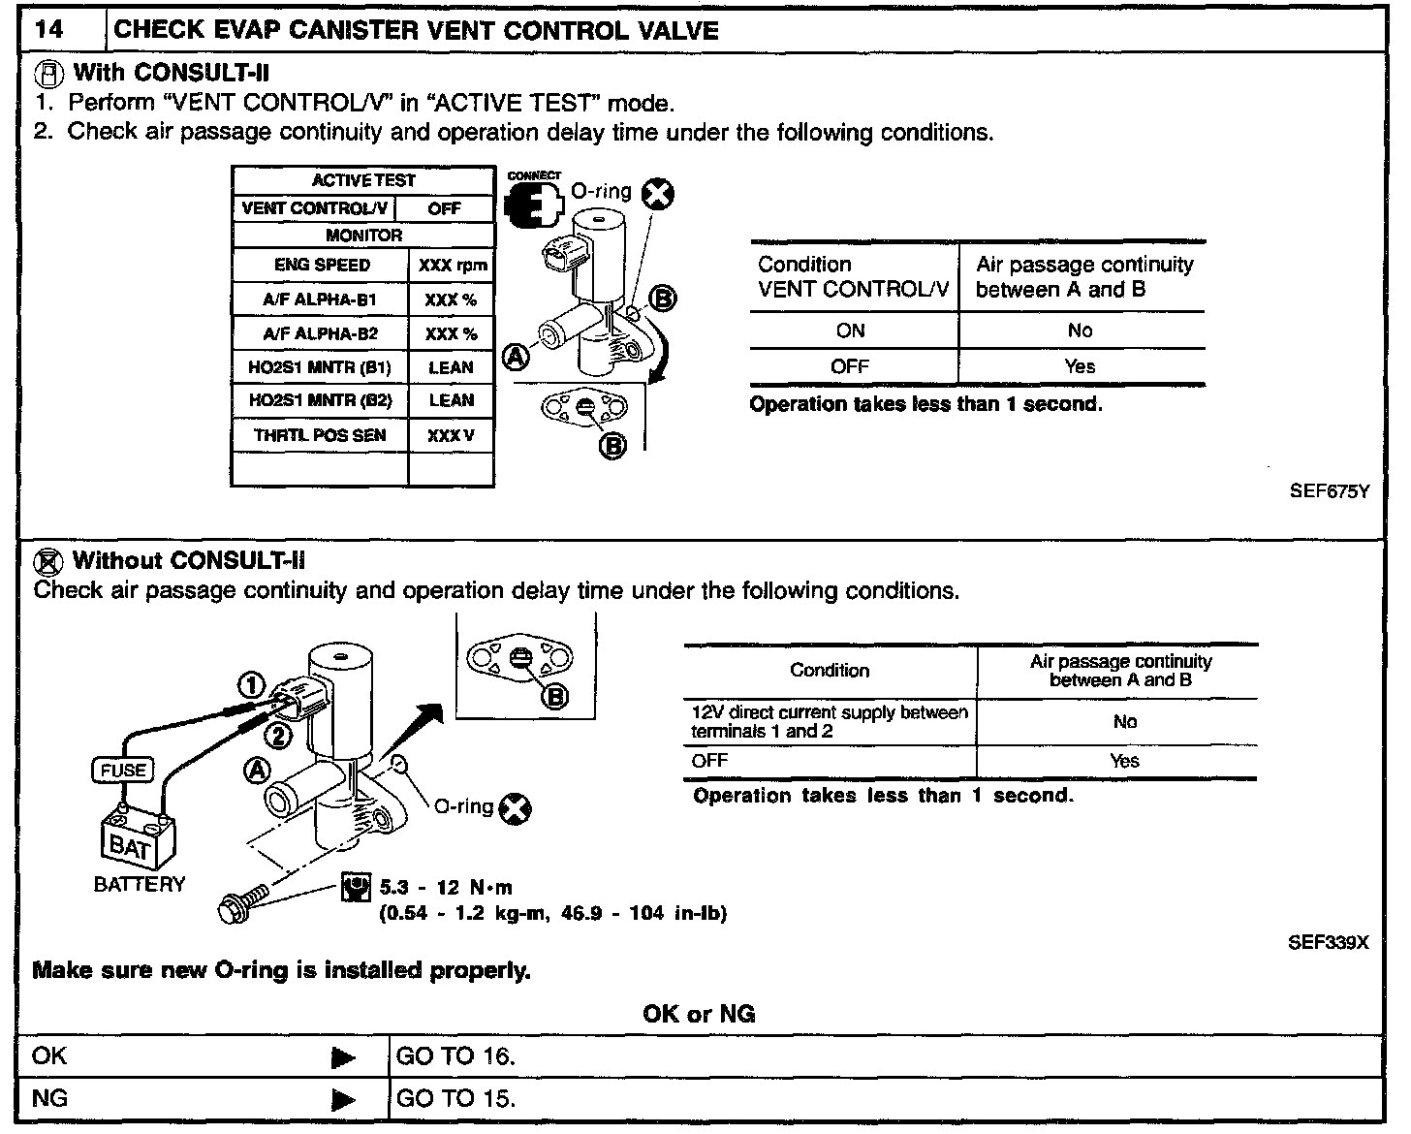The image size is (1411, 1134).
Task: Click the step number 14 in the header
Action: pyautogui.click(x=50, y=29)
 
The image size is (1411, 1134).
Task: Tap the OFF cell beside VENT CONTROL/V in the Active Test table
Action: pyautogui.click(x=445, y=208)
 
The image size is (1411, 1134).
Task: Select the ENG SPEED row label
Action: pyautogui.click(x=322, y=265)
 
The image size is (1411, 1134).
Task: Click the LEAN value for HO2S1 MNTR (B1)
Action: pyautogui.click(x=451, y=367)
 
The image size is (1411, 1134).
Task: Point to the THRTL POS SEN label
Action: pyautogui.click(x=320, y=435)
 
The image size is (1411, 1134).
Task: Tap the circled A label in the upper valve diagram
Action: pyautogui.click(x=516, y=358)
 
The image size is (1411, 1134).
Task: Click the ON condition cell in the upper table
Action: pyautogui.click(x=850, y=331)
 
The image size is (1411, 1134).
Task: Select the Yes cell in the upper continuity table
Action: pyautogui.click(x=1080, y=366)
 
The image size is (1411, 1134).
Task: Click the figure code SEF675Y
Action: pyautogui.click(x=1329, y=490)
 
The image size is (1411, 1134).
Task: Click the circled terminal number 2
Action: pyautogui.click(x=278, y=737)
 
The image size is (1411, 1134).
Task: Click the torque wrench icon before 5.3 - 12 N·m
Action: pyautogui.click(x=357, y=888)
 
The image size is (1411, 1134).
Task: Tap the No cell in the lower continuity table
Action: pyautogui.click(x=1124, y=722)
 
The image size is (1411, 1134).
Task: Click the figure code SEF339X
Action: pyautogui.click(x=1328, y=943)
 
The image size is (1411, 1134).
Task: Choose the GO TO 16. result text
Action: pyautogui.click(x=455, y=1056)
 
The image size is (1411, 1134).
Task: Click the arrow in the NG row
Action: pyautogui.click(x=343, y=1100)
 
